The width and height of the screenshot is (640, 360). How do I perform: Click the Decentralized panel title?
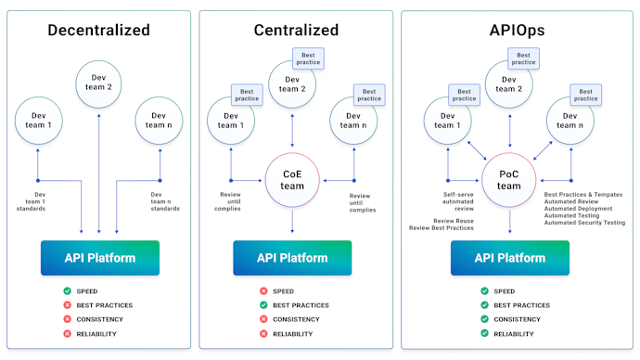99,30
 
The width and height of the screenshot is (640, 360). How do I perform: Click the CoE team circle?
293,179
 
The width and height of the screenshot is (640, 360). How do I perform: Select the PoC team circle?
508,179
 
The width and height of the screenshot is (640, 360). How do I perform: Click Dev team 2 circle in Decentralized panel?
100,83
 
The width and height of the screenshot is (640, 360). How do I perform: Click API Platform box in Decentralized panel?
100,257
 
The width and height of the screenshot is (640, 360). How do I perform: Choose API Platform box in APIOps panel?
509,257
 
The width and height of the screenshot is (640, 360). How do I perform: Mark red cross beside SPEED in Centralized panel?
263,290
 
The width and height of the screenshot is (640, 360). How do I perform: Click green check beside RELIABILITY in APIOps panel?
484,333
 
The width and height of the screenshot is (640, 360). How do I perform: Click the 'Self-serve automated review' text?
458,201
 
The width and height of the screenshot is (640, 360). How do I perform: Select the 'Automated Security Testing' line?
584,223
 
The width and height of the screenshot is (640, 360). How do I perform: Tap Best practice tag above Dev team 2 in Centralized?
307,58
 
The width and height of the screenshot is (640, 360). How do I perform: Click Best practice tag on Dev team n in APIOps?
586,94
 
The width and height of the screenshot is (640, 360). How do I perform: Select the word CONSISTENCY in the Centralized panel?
296,319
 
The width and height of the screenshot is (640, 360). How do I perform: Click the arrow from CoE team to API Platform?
293,221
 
